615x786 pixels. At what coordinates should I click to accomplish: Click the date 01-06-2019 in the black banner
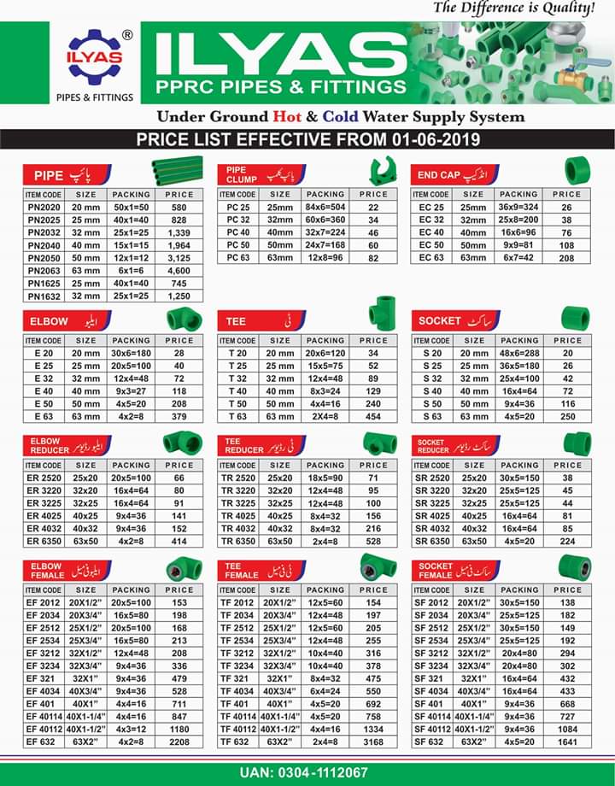pos(438,139)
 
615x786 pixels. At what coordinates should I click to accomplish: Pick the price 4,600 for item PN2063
pos(179,270)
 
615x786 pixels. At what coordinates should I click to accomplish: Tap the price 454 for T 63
pos(373,416)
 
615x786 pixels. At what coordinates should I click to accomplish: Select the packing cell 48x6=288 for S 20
pos(518,353)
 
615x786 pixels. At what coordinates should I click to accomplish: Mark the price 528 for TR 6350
pos(373,542)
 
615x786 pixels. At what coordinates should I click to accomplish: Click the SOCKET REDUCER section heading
pos(434,446)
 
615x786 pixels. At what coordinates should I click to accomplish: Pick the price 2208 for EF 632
pos(179,742)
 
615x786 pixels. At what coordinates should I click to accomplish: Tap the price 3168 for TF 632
pos(373,742)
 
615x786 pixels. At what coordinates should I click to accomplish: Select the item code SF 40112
pos(431,730)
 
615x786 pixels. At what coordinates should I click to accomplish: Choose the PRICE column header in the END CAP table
pos(567,194)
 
